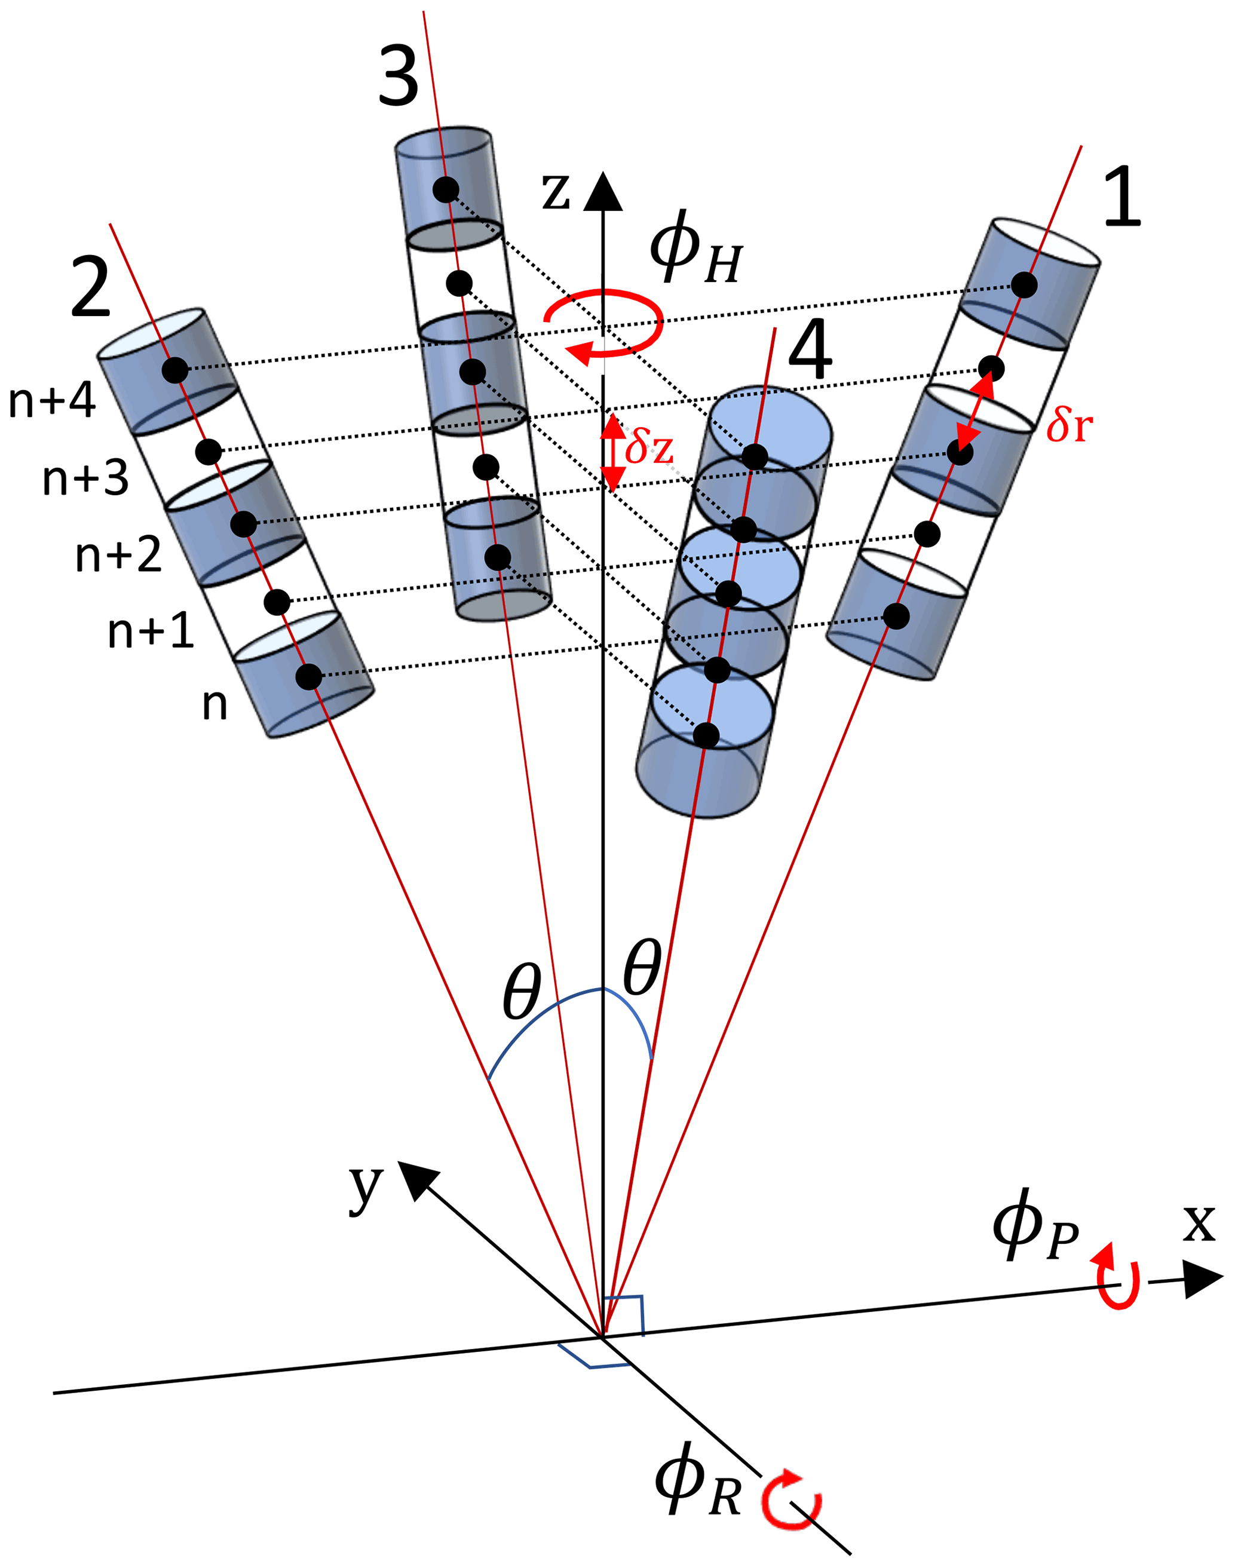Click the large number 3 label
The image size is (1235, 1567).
tap(399, 76)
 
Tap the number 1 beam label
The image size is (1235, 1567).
tap(1121, 197)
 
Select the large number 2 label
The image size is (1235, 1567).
tap(90, 288)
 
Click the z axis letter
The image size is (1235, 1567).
tap(556, 192)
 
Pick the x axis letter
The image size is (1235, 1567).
tap(1199, 1223)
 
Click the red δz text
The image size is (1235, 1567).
tap(649, 447)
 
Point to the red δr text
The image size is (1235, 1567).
tap(1069, 424)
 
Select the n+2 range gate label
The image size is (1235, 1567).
tap(118, 556)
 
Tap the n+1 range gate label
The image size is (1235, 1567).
tap(151, 631)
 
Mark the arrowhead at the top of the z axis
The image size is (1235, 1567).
tap(603, 192)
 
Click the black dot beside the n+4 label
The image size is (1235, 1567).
tap(174, 370)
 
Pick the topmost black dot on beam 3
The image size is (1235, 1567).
tap(446, 189)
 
